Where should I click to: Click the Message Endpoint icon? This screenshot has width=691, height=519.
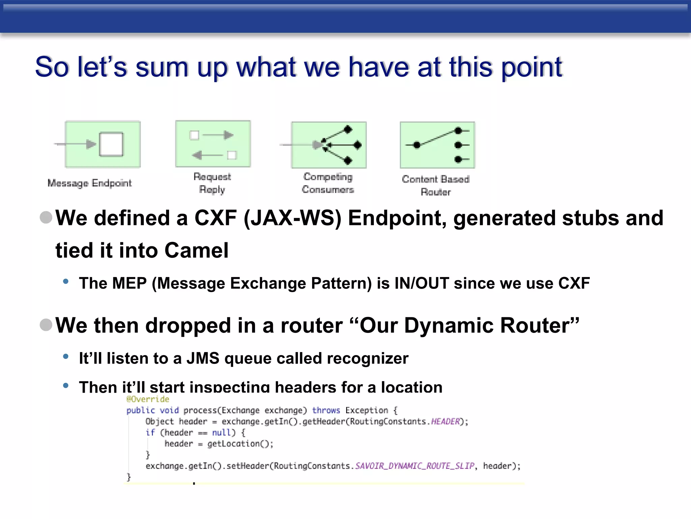click(102, 144)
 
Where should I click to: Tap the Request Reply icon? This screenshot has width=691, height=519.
click(213, 144)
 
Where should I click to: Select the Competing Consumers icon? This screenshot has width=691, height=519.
click(329, 145)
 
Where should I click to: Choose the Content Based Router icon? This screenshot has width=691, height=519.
click(437, 145)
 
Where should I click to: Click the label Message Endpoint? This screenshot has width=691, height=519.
click(89, 183)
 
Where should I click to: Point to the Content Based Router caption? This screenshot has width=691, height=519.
click(436, 185)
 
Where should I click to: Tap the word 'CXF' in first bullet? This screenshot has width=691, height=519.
click(215, 218)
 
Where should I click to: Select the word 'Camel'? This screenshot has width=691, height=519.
click(196, 250)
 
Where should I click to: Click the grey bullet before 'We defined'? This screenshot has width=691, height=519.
click(46, 217)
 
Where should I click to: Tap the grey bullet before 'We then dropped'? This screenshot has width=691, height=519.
click(46, 325)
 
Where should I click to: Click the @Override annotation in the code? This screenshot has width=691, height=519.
click(148, 399)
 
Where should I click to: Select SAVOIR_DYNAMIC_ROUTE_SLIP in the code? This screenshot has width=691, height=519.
click(415, 466)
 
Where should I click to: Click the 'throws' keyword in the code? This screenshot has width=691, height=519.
click(326, 410)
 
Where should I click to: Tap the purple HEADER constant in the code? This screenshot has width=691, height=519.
click(445, 421)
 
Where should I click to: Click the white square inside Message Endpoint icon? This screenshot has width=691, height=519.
click(111, 144)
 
